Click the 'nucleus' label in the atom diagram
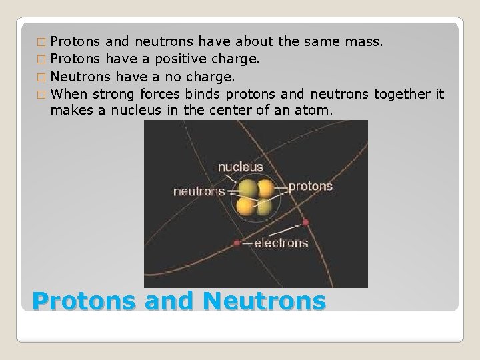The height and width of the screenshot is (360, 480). (x=240, y=167)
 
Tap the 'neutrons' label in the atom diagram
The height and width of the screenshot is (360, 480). (x=199, y=191)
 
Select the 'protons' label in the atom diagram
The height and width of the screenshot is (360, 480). (x=310, y=186)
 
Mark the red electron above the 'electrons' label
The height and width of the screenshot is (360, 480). (x=305, y=221)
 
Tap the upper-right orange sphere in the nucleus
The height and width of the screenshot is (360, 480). (x=266, y=188)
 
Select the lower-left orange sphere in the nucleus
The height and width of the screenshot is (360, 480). (x=246, y=207)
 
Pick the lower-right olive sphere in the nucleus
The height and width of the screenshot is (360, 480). (x=265, y=207)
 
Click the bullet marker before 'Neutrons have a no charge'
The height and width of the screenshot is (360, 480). (x=43, y=75)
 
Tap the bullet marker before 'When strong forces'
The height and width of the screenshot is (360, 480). (x=43, y=93)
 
